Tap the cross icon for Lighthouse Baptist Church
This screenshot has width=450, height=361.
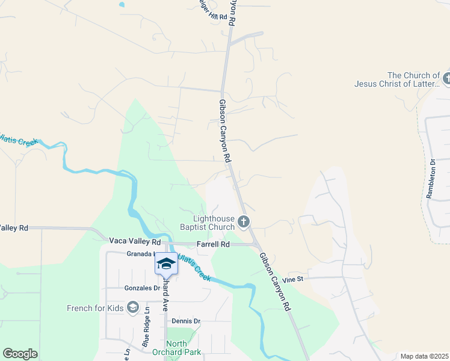[x=244, y=223]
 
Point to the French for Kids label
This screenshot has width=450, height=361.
[x=95, y=309]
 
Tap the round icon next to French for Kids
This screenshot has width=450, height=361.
[x=133, y=309]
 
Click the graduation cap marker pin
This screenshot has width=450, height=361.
[x=166, y=264]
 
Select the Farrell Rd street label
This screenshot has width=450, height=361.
[x=213, y=244]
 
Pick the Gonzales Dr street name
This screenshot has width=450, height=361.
[x=141, y=288]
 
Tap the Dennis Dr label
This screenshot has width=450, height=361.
[x=186, y=321]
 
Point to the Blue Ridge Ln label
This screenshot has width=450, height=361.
[x=146, y=332]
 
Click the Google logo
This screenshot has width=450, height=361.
[x=20, y=354]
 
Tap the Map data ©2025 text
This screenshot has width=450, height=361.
[x=424, y=356]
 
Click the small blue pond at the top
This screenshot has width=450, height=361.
[x=122, y=4]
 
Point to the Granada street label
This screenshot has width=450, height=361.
[x=139, y=254]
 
